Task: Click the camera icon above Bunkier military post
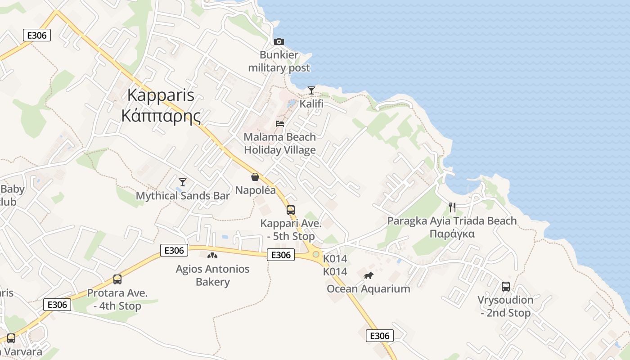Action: pyautogui.click(x=279, y=42)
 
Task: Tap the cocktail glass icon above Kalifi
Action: pyautogui.click(x=311, y=90)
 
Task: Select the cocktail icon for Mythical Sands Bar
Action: pyautogui.click(x=182, y=182)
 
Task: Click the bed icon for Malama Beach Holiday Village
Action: pyautogui.click(x=280, y=124)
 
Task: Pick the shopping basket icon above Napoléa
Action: pyautogui.click(x=255, y=177)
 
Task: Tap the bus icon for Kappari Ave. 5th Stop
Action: pyautogui.click(x=291, y=210)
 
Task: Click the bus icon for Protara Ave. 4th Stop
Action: pyautogui.click(x=117, y=279)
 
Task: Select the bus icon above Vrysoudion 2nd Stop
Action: pyautogui.click(x=506, y=287)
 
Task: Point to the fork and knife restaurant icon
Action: pyautogui.click(x=452, y=207)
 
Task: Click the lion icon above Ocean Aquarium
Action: pyautogui.click(x=369, y=275)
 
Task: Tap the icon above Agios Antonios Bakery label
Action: pyautogui.click(x=212, y=256)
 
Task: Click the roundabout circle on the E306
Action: pyautogui.click(x=316, y=255)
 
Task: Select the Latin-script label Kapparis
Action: pyautogui.click(x=161, y=95)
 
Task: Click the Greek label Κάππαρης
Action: pyautogui.click(x=161, y=116)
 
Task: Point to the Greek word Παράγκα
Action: pyautogui.click(x=452, y=234)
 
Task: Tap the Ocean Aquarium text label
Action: pyautogui.click(x=369, y=289)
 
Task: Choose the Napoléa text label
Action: pyautogui.click(x=256, y=190)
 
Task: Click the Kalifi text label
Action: pyautogui.click(x=311, y=104)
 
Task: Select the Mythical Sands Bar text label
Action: pyautogui.click(x=183, y=196)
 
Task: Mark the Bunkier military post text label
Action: pyautogui.click(x=279, y=62)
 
